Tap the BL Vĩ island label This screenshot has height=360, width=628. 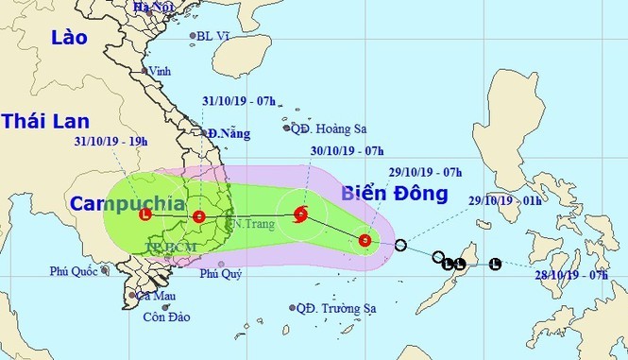(212, 37)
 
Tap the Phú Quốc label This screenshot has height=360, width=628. (76, 272)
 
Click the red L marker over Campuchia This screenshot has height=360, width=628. (144, 214)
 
